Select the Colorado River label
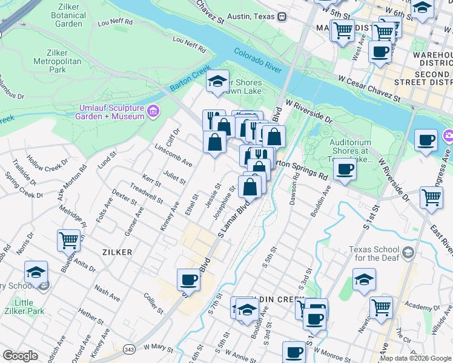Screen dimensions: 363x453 click(x=258, y=61)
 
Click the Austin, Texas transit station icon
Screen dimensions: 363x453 click(x=282, y=17)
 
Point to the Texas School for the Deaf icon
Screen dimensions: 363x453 click(x=408, y=252)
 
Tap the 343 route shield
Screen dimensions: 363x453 click(x=128, y=350)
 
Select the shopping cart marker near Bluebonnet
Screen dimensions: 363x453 click(x=68, y=240)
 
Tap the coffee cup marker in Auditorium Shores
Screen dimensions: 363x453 click(x=345, y=169)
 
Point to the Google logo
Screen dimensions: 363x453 click(x=21, y=356)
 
